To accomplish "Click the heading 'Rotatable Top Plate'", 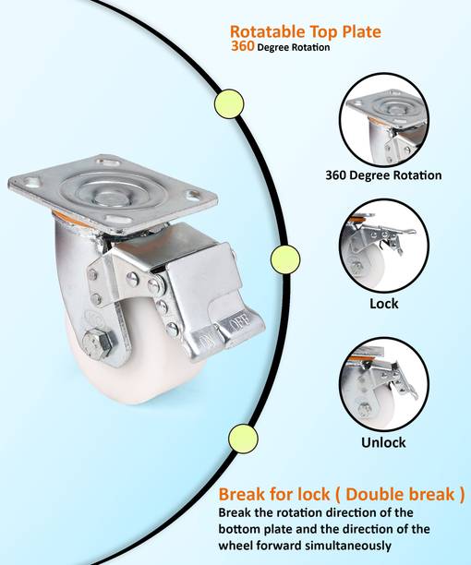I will pyautogui.click(x=305, y=31).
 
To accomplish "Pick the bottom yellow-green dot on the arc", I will pyautogui.click(x=242, y=436).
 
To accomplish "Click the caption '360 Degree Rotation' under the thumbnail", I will pyautogui.click(x=383, y=174).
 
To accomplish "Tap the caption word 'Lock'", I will pyautogui.click(x=383, y=303).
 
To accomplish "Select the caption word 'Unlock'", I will pyautogui.click(x=383, y=442).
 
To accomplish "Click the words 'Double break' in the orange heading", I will pyautogui.click(x=405, y=494).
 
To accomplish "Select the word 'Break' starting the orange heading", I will pyautogui.click(x=242, y=494).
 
